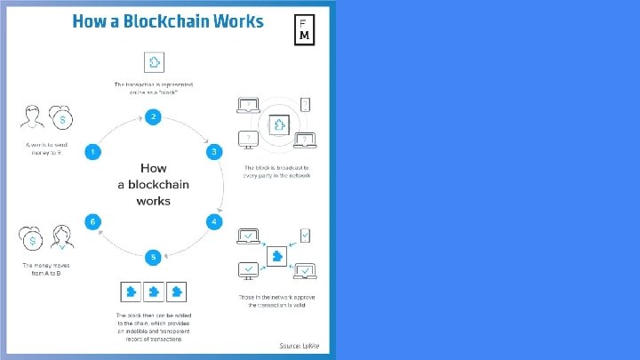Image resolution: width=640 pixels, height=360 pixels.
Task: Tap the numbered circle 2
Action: (x=154, y=116)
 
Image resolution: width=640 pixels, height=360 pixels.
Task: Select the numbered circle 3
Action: (x=214, y=153)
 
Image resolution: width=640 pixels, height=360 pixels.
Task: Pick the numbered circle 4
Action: (x=214, y=220)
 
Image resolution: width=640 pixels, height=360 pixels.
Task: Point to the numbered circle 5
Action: (x=154, y=257)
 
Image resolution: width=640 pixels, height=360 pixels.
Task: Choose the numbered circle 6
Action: (x=91, y=220)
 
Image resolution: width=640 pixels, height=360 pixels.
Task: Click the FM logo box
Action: (x=304, y=29)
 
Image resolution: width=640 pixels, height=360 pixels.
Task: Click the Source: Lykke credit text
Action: (x=300, y=345)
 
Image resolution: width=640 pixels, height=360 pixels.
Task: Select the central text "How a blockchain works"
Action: (x=153, y=184)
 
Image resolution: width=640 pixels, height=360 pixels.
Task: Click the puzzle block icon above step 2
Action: (x=154, y=62)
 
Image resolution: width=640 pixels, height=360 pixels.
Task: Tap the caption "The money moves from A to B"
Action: (x=46, y=269)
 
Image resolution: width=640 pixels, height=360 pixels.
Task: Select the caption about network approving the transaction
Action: (x=276, y=301)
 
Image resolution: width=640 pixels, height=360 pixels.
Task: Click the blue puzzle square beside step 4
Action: (x=277, y=254)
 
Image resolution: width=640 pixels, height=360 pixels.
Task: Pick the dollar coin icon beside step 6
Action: (x=32, y=239)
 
